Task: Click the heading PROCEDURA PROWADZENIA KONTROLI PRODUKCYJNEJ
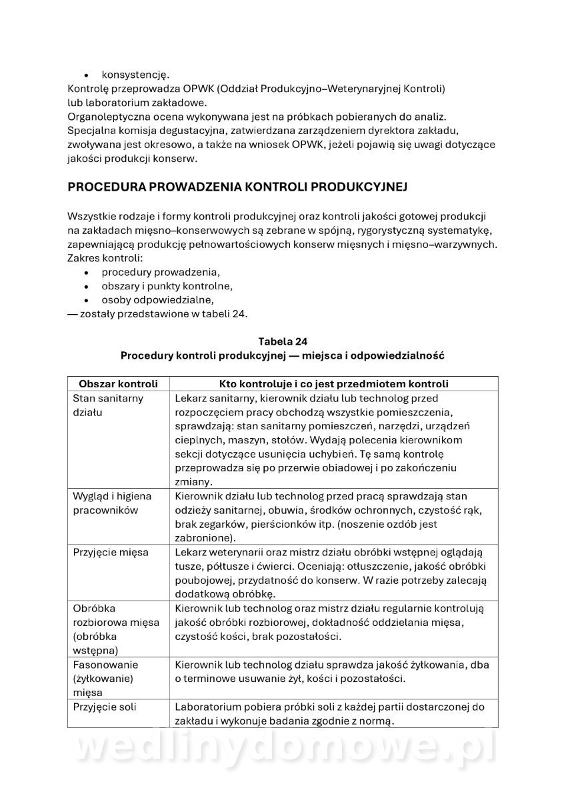pyautogui.click(x=237, y=187)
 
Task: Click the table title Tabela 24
pyautogui.click(x=283, y=341)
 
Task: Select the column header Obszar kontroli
pyautogui.click(x=118, y=384)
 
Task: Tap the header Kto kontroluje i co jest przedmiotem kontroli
pyautogui.click(x=333, y=384)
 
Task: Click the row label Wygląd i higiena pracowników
pyautogui.click(x=112, y=503)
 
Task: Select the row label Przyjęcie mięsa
pyautogui.click(x=110, y=552)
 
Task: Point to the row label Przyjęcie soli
pyautogui.click(x=104, y=707)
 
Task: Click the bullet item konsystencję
pyautogui.click(x=135, y=74)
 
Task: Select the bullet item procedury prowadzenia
pyautogui.click(x=161, y=272)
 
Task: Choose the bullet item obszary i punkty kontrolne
pyautogui.click(x=167, y=286)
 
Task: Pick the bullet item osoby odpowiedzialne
pyautogui.click(x=157, y=300)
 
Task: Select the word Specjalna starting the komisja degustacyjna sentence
pyautogui.click(x=91, y=130)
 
